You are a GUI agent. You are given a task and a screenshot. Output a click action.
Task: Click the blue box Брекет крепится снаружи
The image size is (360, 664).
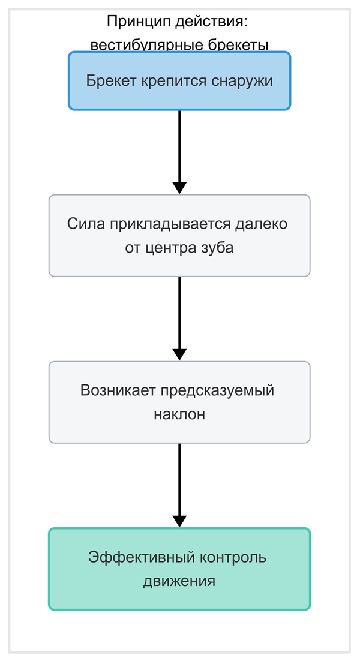click(x=179, y=81)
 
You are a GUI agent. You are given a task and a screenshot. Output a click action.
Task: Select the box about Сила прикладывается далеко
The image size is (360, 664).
click(x=179, y=236)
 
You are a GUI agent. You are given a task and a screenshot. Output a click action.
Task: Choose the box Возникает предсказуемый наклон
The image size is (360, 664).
click(x=179, y=402)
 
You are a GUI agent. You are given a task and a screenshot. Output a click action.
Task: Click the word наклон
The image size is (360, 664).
click(x=179, y=414)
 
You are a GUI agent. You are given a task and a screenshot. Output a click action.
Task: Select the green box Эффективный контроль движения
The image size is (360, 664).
click(x=179, y=569)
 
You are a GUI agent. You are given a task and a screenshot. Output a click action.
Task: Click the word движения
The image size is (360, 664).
click(x=179, y=581)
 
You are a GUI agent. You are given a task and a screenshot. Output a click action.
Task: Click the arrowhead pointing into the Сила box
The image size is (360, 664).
click(x=179, y=188)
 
